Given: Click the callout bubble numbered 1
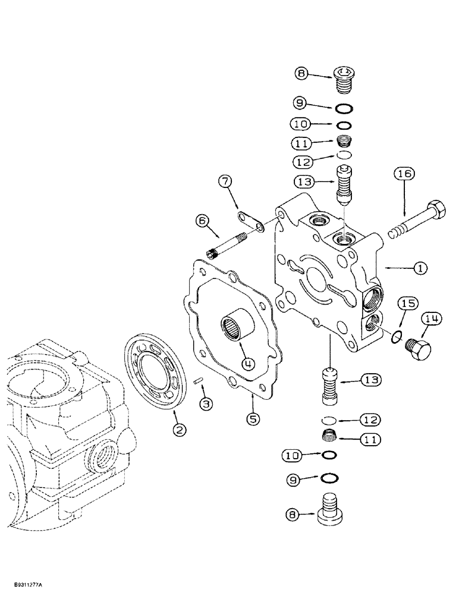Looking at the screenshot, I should pos(420,269).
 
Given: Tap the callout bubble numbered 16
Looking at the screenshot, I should pos(404,175).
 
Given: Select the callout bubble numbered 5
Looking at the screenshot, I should pos(253,419).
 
